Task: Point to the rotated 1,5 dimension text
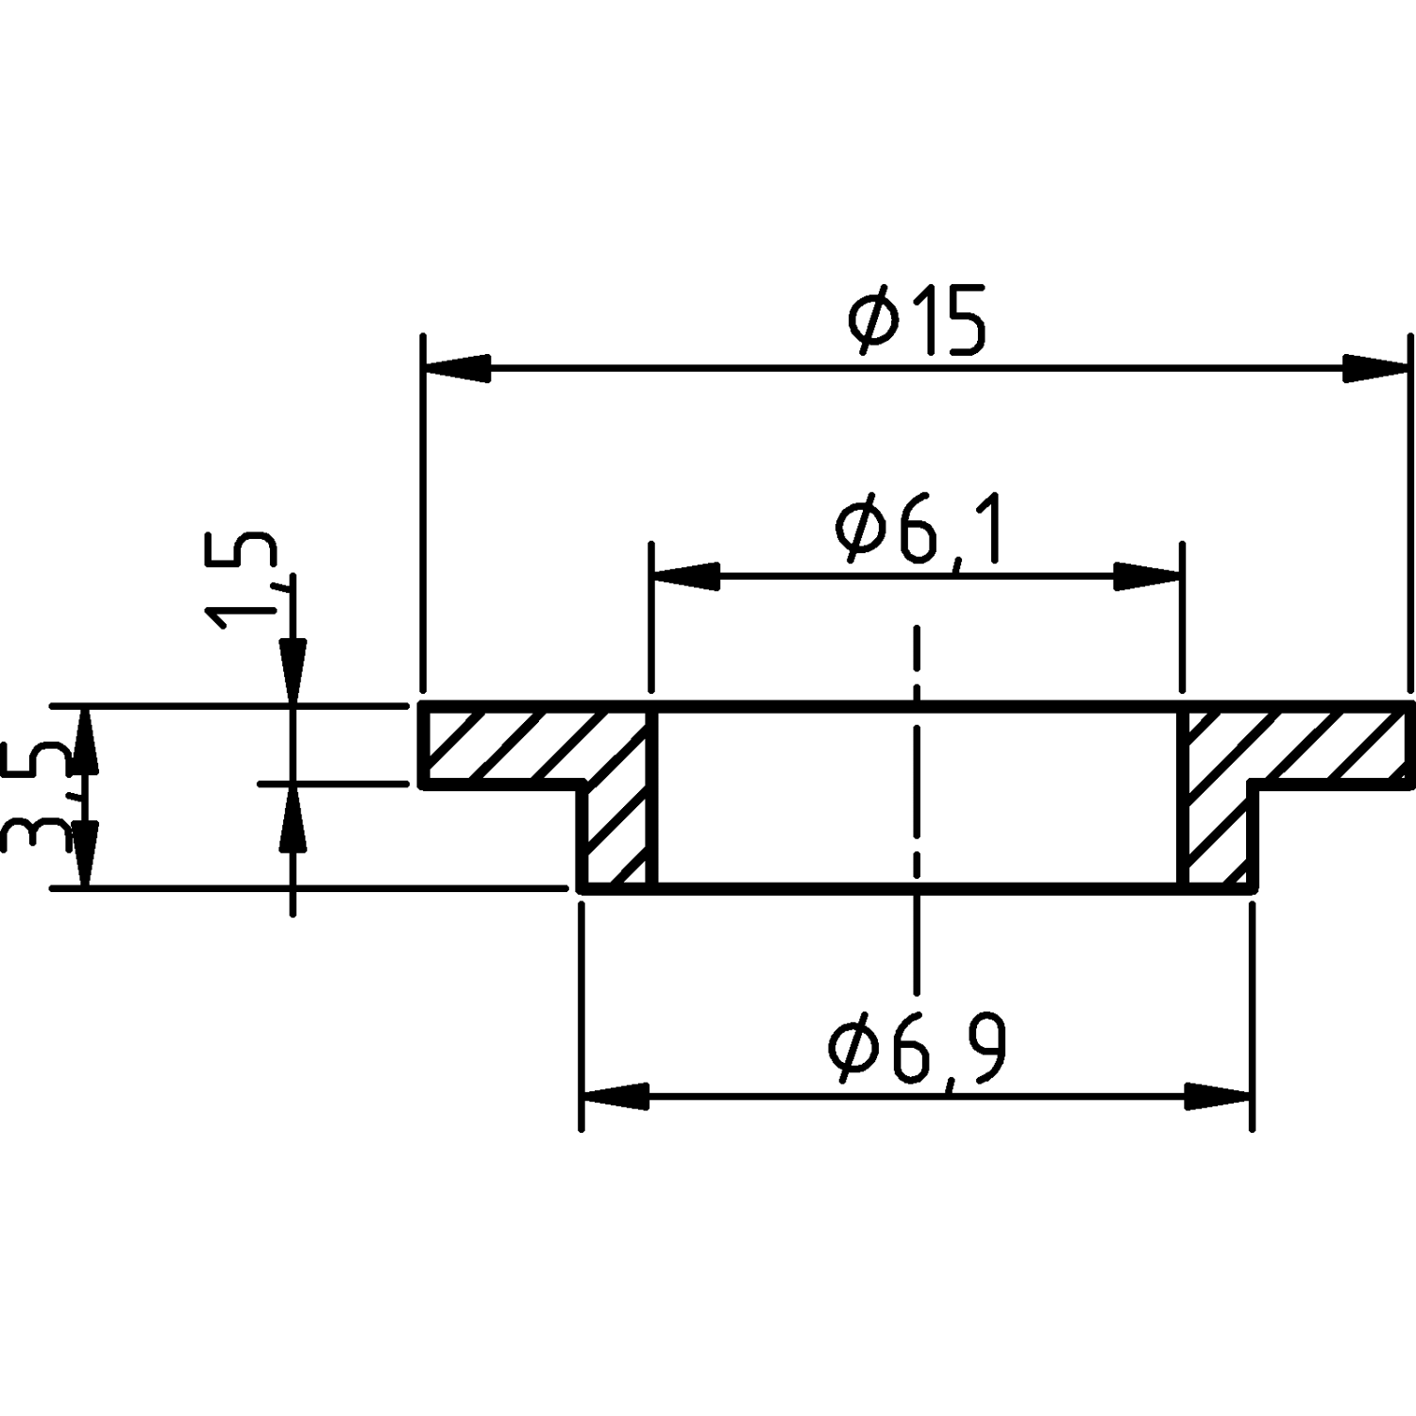(x=243, y=581)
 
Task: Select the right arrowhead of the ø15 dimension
(x=1375, y=369)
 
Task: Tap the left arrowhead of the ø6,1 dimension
(x=687, y=576)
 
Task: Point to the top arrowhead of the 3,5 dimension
(x=85, y=740)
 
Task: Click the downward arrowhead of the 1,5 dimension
(x=294, y=672)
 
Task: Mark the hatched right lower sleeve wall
(x=1218, y=836)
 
